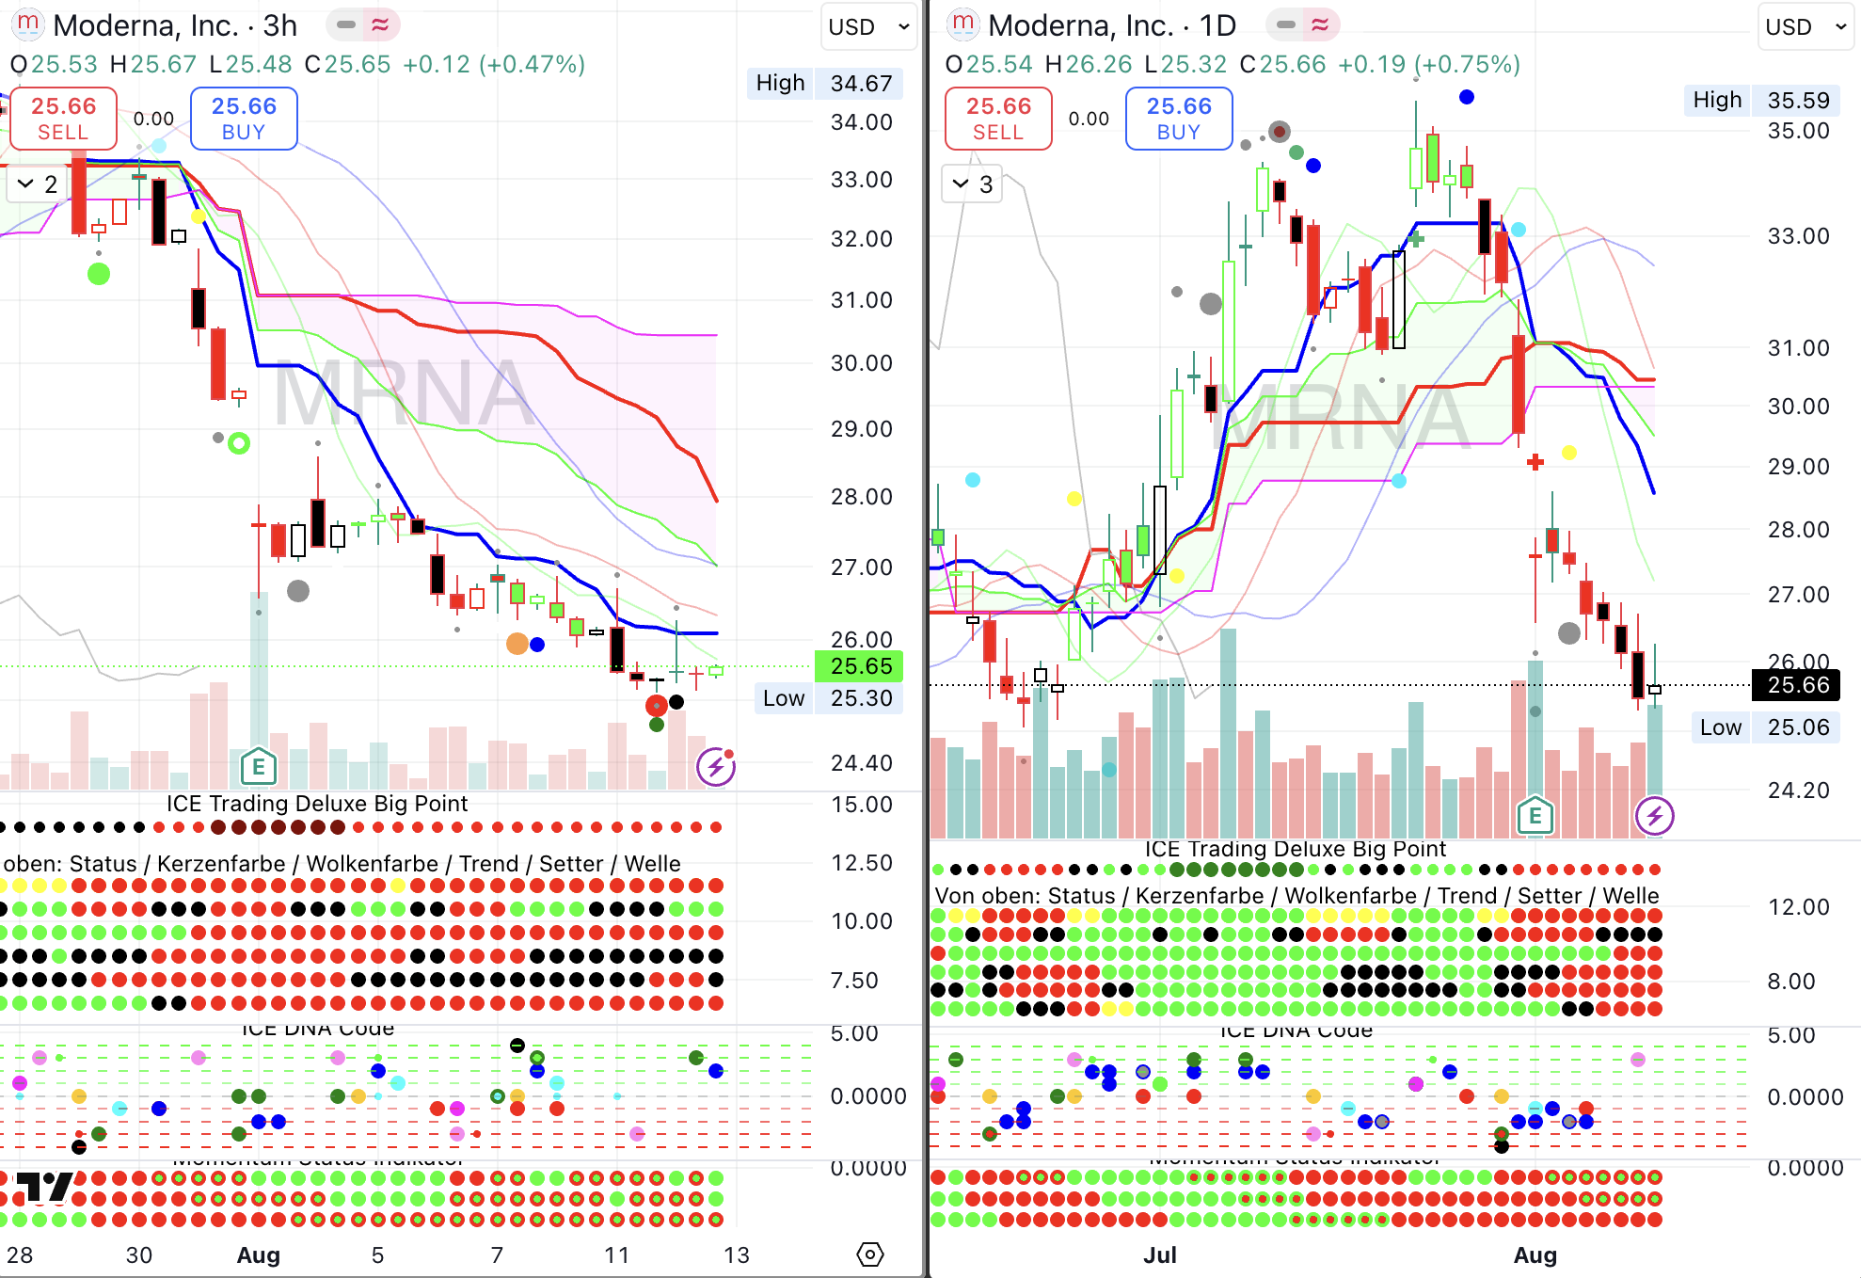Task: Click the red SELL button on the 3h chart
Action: tap(63, 119)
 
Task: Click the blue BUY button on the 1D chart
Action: tap(1178, 119)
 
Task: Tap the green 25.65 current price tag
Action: tap(860, 666)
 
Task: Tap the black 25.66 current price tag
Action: tap(1797, 685)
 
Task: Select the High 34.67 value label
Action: tap(860, 84)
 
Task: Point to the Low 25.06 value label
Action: tap(1797, 727)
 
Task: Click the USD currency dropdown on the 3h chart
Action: tap(867, 27)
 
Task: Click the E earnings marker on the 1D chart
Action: tap(1535, 816)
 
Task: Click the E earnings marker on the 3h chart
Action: tap(258, 767)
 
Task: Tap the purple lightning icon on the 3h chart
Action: tap(716, 767)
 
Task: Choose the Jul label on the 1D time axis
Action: tap(1160, 1255)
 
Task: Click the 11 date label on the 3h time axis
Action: tap(616, 1255)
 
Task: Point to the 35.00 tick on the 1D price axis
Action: tap(1797, 131)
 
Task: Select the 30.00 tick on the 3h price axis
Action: tap(860, 363)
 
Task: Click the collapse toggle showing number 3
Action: tap(972, 184)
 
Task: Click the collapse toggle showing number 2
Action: tap(37, 184)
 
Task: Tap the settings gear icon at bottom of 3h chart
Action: tap(870, 1254)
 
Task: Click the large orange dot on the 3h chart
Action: tap(517, 644)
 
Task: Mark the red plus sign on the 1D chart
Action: tap(1535, 462)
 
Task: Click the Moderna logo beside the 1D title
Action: tap(962, 24)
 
